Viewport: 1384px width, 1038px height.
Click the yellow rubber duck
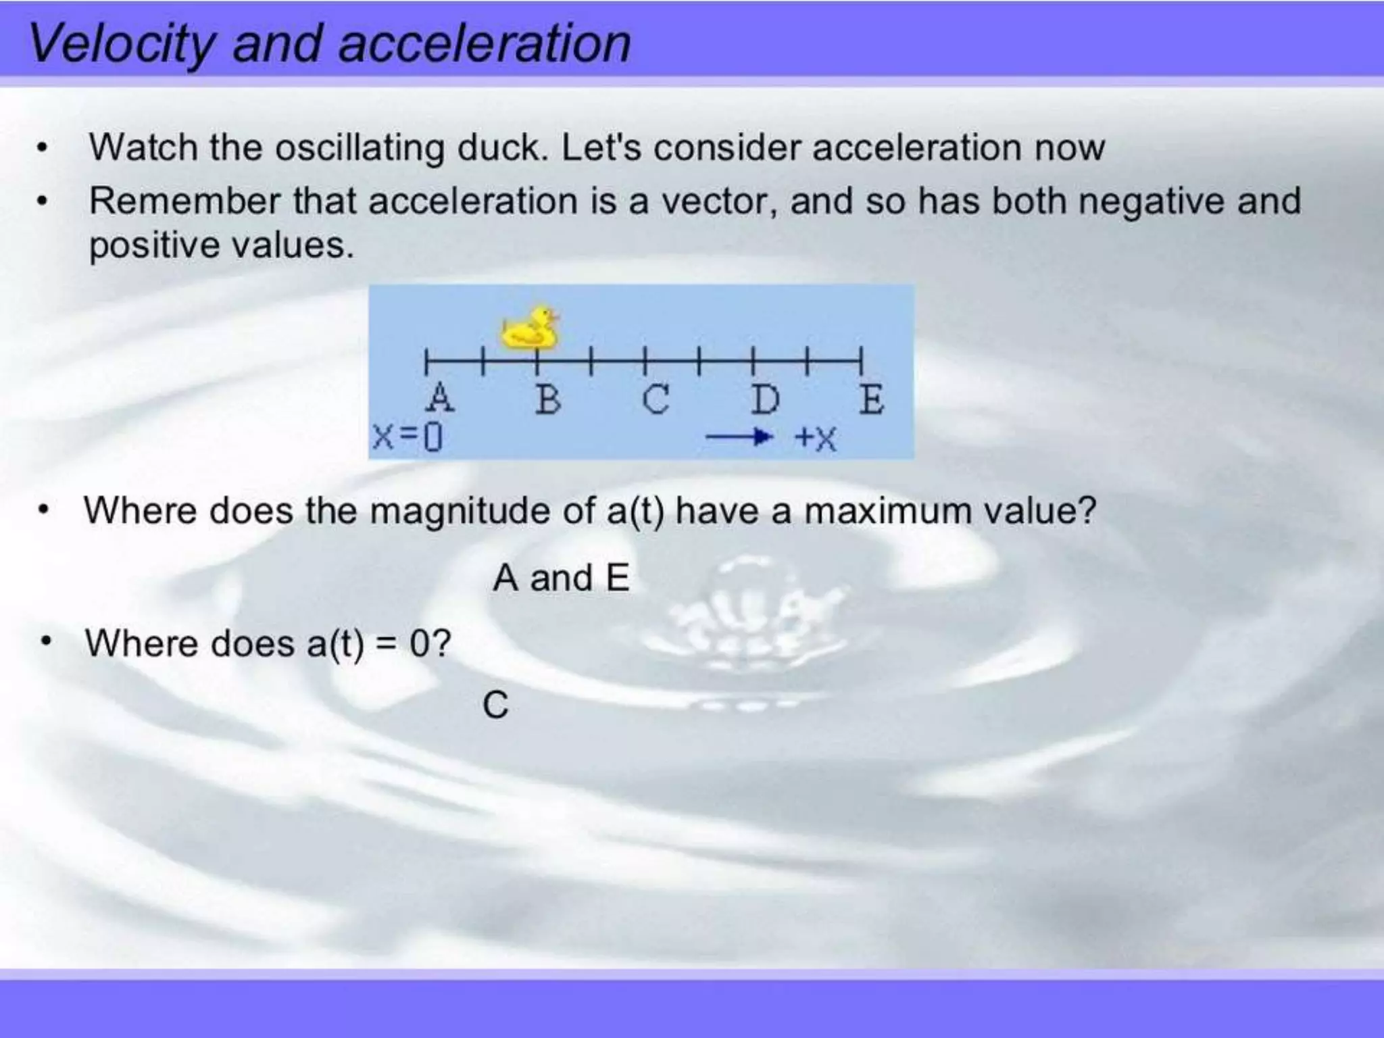[x=531, y=328]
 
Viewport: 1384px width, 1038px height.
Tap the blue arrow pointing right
[x=739, y=437]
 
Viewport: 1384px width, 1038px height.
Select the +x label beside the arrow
[x=816, y=438]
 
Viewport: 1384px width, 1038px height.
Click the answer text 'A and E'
[x=561, y=578]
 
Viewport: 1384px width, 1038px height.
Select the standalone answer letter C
[x=495, y=706]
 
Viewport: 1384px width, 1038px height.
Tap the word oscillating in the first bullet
[x=360, y=147]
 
